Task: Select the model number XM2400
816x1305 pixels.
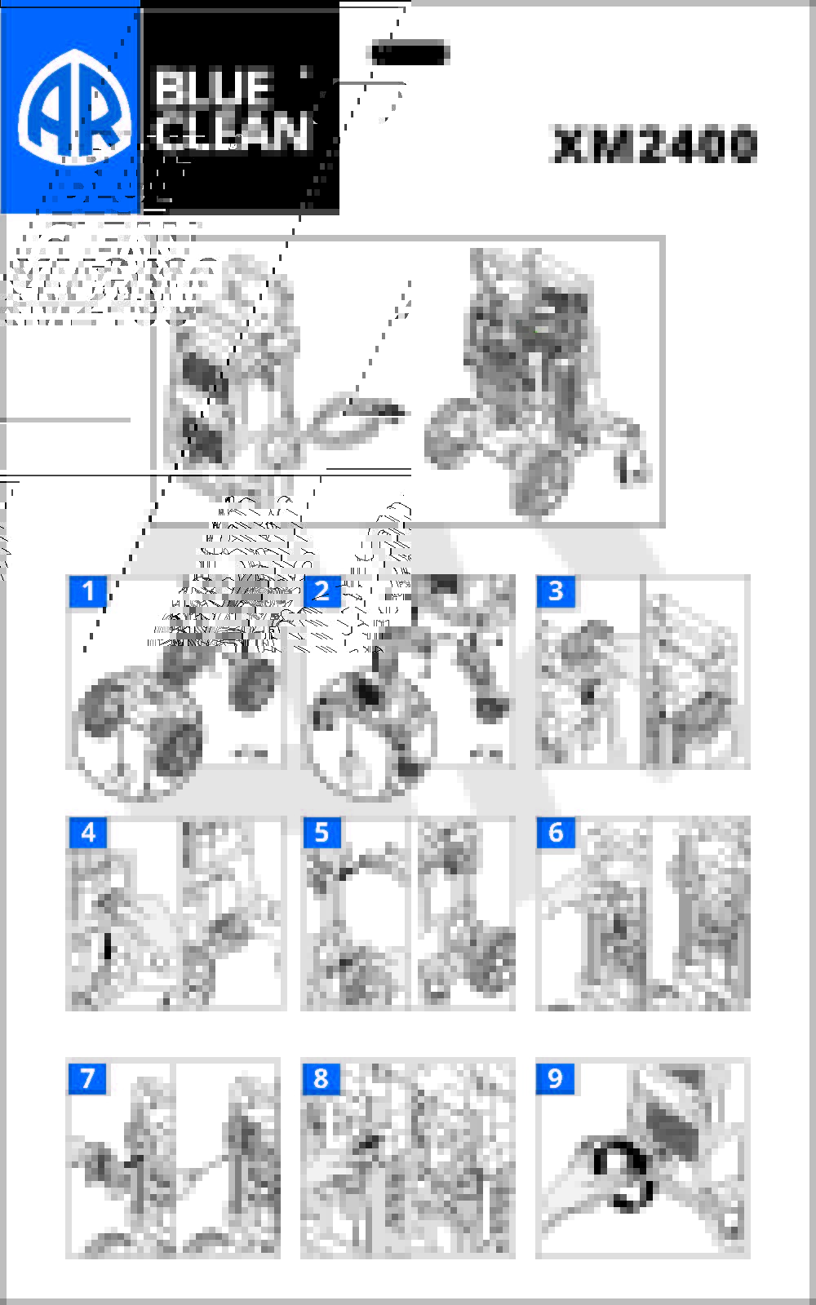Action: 654,146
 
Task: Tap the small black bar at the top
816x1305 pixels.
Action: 410,54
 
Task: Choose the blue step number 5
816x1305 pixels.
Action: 322,833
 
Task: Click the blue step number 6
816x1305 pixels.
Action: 556,833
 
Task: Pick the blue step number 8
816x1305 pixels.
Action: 322,1078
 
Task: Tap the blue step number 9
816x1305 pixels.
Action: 556,1078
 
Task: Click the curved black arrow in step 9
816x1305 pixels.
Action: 625,1174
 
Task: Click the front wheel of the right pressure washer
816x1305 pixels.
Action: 541,481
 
